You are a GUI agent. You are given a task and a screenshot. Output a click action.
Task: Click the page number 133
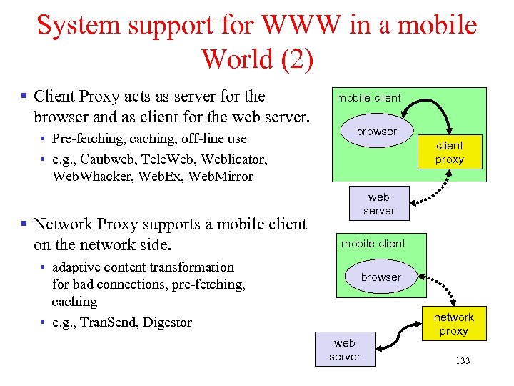(462, 361)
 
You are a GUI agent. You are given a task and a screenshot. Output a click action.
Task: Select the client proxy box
(450, 152)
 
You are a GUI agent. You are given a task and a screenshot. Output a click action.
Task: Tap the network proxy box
(453, 324)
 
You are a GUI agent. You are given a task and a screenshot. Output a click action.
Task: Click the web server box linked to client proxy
(378, 204)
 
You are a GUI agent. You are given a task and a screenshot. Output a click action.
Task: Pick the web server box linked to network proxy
(345, 350)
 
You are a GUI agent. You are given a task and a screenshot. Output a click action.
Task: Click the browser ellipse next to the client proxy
(376, 131)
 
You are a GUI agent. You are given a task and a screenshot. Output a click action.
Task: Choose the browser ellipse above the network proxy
(381, 277)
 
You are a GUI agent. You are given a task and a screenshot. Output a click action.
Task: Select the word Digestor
(167, 322)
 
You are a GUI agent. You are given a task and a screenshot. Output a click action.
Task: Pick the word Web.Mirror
(218, 175)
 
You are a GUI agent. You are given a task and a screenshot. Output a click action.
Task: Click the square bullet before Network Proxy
(24, 224)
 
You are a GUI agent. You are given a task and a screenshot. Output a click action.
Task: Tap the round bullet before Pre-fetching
(44, 139)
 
